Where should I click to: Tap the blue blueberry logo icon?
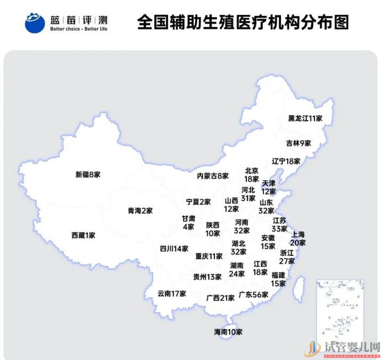tap(35, 22)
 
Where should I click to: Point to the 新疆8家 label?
tap(88, 174)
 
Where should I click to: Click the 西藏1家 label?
tap(83, 235)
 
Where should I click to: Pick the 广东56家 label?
tap(254, 294)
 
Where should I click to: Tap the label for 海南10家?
tap(228, 332)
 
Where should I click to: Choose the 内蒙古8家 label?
tap(213, 175)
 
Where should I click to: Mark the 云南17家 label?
tap(172, 293)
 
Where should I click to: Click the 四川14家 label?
tap(174, 248)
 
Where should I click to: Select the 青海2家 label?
tap(140, 211)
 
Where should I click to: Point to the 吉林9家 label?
tap(298, 143)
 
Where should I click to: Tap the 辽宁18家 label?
tap(286, 161)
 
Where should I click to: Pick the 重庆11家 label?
tap(209, 256)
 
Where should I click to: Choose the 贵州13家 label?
tap(207, 277)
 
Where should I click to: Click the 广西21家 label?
tap(220, 298)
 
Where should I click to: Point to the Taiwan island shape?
tap(299, 289)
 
